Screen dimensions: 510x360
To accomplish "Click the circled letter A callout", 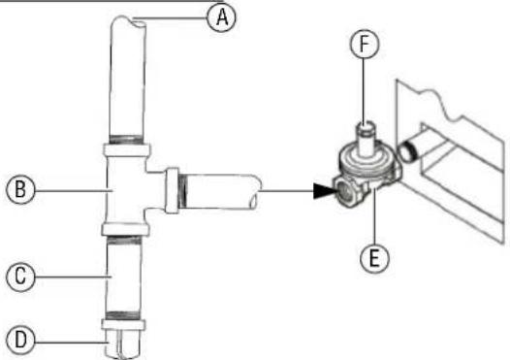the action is point(224,16).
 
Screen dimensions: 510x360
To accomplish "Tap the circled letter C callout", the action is point(18,277).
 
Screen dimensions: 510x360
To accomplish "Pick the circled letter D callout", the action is point(18,339).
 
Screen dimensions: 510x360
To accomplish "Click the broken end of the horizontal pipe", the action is point(257,189).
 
